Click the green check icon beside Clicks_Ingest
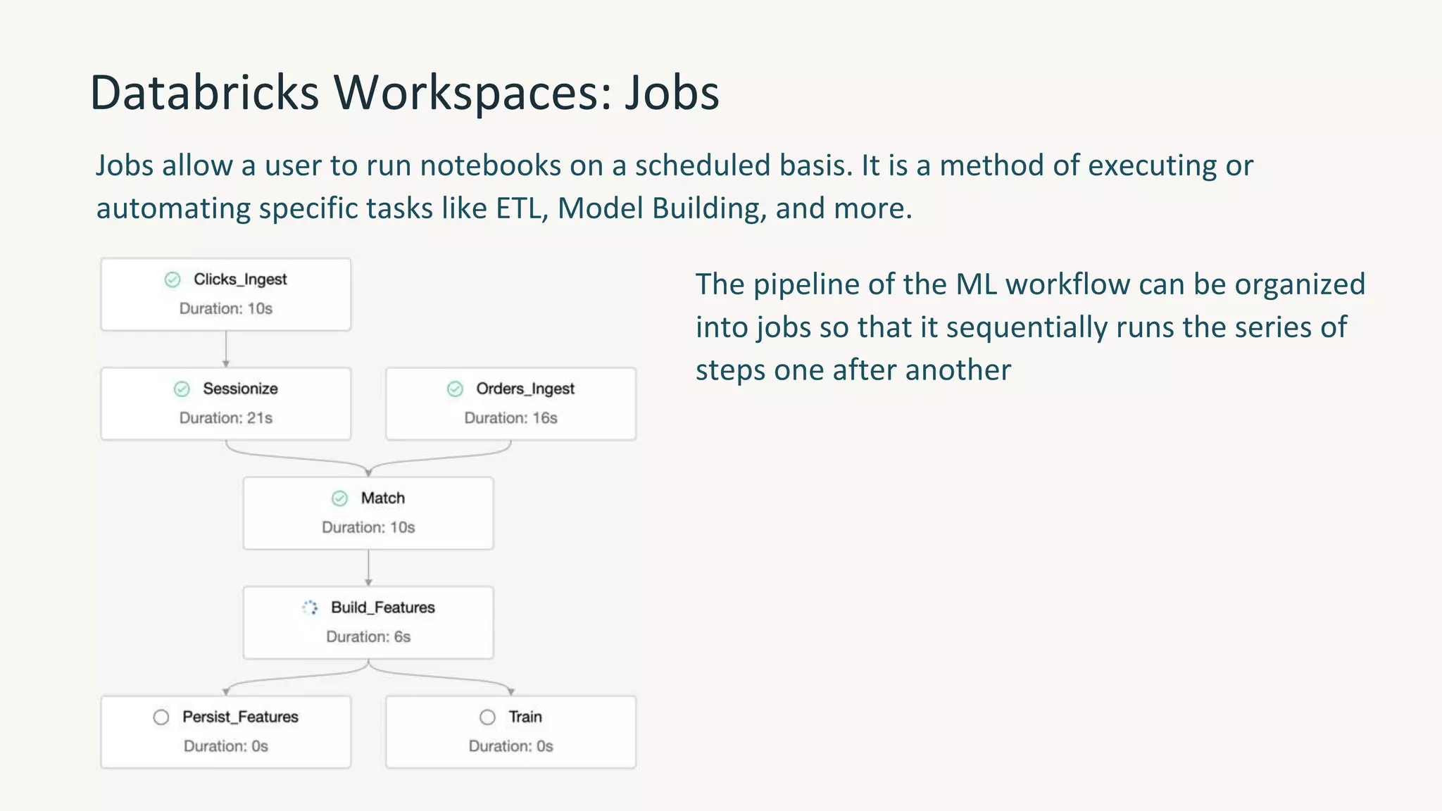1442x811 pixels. point(173,280)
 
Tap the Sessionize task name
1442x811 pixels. point(240,389)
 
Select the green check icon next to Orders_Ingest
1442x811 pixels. point(456,389)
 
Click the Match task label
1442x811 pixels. point(382,498)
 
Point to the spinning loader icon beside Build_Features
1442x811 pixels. point(310,608)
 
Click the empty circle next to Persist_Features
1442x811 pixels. point(161,717)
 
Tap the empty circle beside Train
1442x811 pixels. point(487,717)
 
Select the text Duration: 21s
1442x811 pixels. point(225,418)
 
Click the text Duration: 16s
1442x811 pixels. point(510,418)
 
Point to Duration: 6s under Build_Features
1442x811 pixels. point(368,637)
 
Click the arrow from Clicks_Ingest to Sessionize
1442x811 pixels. point(226,349)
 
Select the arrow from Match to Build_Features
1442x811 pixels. point(368,568)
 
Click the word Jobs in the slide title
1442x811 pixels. point(672,93)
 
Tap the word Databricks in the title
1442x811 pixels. point(204,93)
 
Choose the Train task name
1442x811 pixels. point(525,717)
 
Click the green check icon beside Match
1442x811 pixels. point(339,499)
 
